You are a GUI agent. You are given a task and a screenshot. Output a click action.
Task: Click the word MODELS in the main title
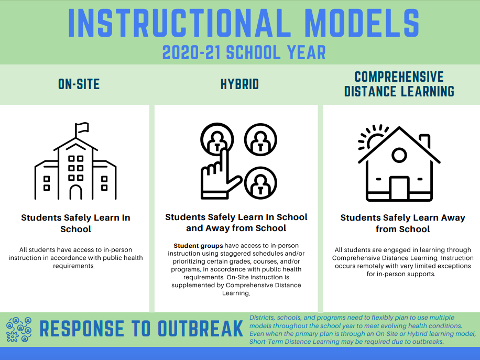tap(362, 23)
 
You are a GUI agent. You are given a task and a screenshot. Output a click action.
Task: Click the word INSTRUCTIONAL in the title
tap(179, 23)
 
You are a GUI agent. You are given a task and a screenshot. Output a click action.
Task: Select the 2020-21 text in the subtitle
tap(191, 52)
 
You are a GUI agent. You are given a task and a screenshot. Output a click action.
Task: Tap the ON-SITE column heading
tap(79, 84)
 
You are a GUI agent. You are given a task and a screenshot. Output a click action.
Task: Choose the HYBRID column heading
tap(239, 84)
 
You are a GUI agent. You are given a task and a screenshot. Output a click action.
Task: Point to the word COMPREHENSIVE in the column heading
tap(399, 77)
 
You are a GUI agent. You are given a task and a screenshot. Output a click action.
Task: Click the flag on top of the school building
tap(82, 128)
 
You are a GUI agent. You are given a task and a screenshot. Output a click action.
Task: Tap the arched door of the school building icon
tap(75, 192)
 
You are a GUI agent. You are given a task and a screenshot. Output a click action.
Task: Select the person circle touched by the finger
tap(217, 139)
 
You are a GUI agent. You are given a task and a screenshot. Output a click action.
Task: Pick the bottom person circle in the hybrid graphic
tap(260, 183)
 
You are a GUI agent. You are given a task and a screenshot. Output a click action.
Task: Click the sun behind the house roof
tap(373, 138)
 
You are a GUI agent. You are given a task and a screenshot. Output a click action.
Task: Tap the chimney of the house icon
tap(425, 141)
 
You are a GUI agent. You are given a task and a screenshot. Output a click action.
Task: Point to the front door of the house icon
tap(399, 188)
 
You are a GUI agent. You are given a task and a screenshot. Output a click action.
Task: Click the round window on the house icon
tap(399, 155)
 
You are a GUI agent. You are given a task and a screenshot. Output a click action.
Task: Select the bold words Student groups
tap(198, 246)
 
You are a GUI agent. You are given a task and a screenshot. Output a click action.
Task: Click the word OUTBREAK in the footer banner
tap(200, 329)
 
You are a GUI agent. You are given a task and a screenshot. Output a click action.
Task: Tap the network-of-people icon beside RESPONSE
tap(19, 330)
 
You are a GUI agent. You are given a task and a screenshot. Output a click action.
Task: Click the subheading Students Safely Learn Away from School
tap(402, 223)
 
